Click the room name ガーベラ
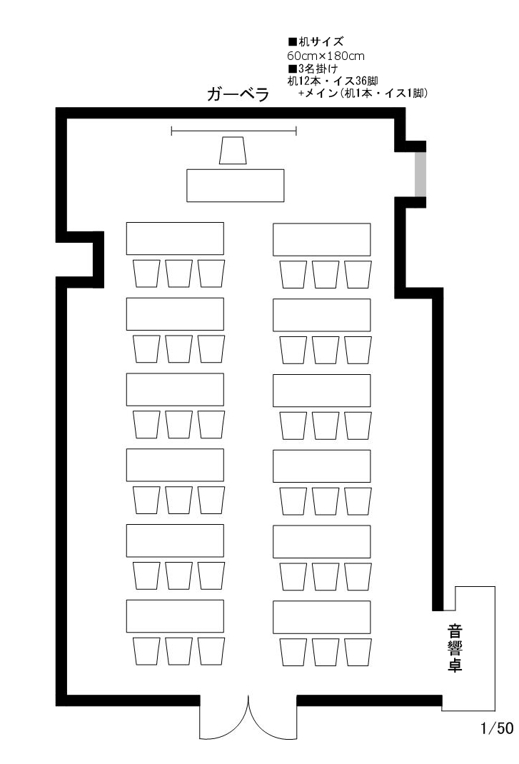(x=238, y=94)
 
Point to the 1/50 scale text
(x=497, y=728)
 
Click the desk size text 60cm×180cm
(x=326, y=56)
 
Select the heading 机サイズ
(x=316, y=41)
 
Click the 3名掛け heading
(x=313, y=69)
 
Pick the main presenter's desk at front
(x=236, y=185)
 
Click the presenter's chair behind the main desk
(x=233, y=151)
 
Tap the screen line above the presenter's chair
(x=234, y=130)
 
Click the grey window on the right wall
(x=420, y=174)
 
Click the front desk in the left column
(x=175, y=238)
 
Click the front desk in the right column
(x=322, y=239)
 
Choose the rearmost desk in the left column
(x=175, y=616)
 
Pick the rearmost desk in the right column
(x=322, y=617)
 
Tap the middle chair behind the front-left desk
(x=179, y=273)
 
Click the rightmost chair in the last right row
(x=358, y=652)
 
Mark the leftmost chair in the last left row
(x=146, y=651)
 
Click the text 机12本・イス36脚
(x=333, y=81)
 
